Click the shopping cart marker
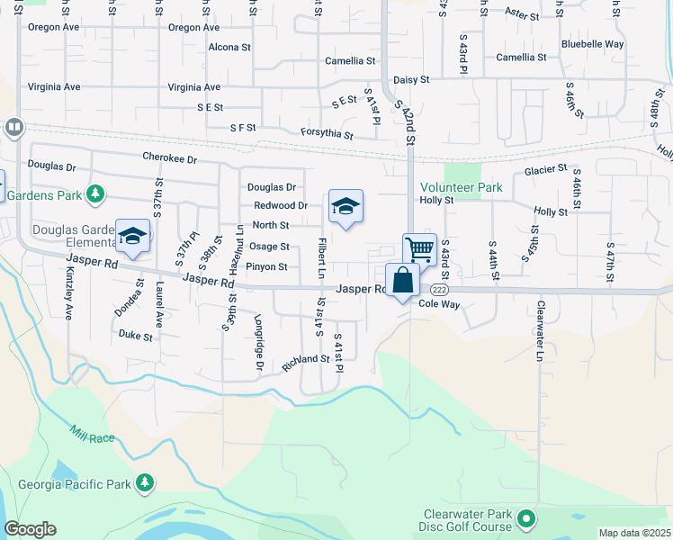point(419,248)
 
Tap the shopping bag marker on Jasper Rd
point(403,280)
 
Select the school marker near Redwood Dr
point(345,206)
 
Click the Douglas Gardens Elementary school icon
point(133,236)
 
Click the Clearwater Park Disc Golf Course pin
point(526,519)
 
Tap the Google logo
point(30,529)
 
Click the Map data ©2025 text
point(634,533)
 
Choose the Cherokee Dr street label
point(169,158)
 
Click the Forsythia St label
point(328,134)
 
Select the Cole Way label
point(440,305)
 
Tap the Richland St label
point(306,359)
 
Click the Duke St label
point(135,335)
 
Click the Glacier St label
point(546,168)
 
